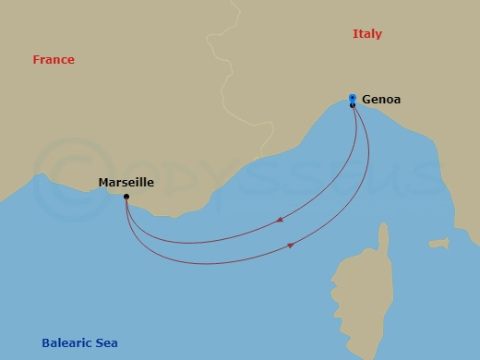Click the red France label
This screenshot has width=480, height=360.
[54, 60]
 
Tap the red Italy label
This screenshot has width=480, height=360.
[367, 34]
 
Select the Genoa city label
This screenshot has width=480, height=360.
[381, 99]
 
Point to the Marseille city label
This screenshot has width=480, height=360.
[126, 183]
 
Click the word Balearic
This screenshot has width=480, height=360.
[66, 343]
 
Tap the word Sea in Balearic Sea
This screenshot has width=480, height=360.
[105, 343]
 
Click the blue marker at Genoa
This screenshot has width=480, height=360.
[353, 97]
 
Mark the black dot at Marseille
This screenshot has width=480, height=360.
[126, 197]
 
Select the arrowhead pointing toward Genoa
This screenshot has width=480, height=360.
[292, 245]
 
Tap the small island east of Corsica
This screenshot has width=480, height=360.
[438, 244]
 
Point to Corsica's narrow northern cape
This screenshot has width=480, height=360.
[380, 235]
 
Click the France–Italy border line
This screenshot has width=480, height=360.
[224, 92]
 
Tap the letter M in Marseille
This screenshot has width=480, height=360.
[103, 183]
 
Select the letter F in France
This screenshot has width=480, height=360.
[36, 60]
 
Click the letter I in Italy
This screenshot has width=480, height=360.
[355, 34]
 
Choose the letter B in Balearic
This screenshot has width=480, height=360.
[46, 343]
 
